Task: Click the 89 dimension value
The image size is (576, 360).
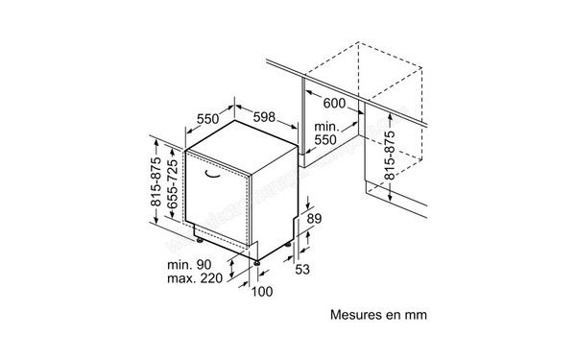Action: [313, 220]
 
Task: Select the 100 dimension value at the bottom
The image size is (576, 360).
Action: [261, 292]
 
